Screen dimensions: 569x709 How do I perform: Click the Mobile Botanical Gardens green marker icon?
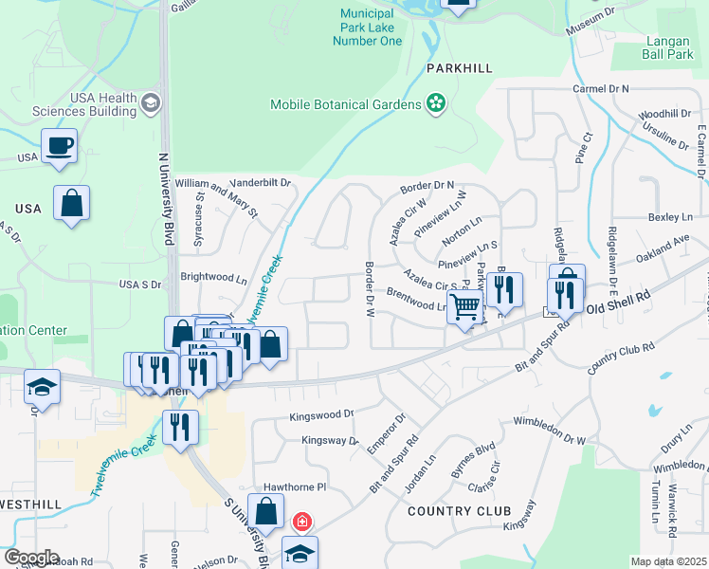[x=436, y=103]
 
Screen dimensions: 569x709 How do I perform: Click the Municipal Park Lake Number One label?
[x=367, y=28]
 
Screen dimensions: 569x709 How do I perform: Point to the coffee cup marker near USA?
[x=60, y=147]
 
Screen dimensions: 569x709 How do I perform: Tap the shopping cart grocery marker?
[x=464, y=307]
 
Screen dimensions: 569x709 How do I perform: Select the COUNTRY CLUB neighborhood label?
[x=452, y=511]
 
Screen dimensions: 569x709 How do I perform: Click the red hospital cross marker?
[x=302, y=522]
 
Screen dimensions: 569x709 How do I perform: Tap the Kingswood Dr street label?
[x=321, y=414]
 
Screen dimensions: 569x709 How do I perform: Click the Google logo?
[x=31, y=558]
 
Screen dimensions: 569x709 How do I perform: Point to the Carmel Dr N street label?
[x=601, y=88]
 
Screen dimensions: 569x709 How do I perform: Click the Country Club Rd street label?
[x=622, y=357]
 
